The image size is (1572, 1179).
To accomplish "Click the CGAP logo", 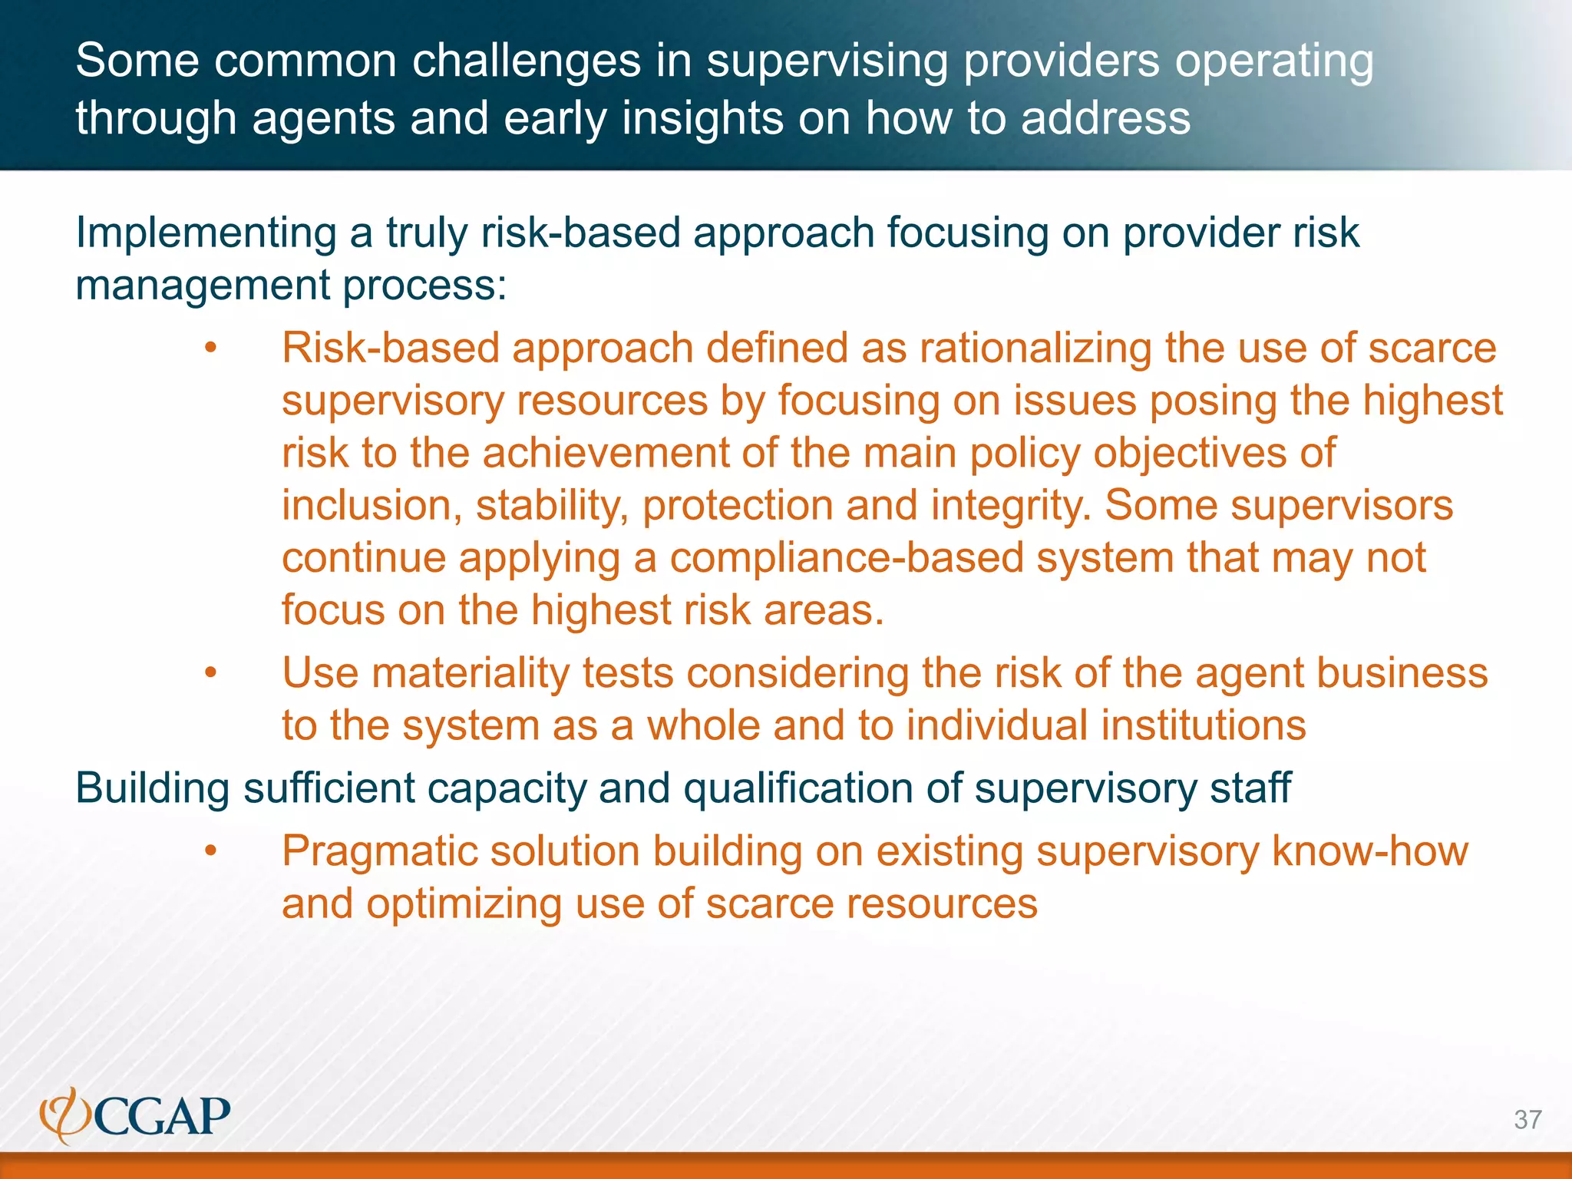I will (x=135, y=1115).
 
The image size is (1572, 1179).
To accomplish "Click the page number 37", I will (x=1527, y=1120).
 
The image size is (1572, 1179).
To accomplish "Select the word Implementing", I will (x=206, y=233).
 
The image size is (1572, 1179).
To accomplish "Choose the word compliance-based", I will (x=847, y=558).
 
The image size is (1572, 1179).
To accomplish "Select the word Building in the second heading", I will (x=153, y=789).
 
